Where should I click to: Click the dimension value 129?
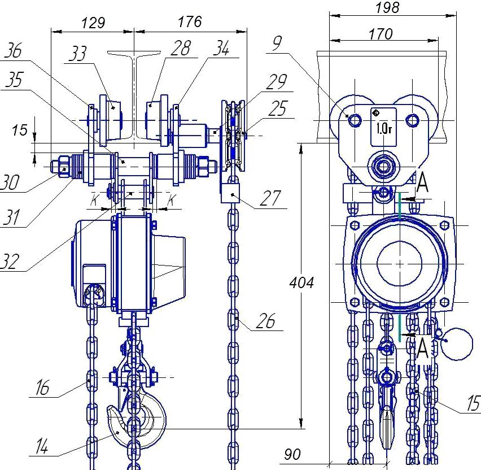point(93,23)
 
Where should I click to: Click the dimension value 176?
point(190,22)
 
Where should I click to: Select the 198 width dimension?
point(387,7)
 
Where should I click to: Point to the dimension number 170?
point(381,34)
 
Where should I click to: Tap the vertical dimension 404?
point(301,282)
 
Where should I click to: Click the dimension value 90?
point(292,454)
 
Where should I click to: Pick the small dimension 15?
point(20,130)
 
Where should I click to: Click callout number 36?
point(13,50)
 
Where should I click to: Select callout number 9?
point(277,43)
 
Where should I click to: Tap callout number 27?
point(270,198)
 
